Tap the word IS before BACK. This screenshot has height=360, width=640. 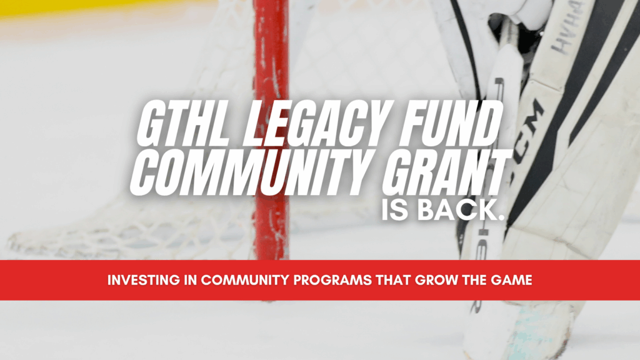point(399,210)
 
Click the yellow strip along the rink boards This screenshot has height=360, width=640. point(94,7)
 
